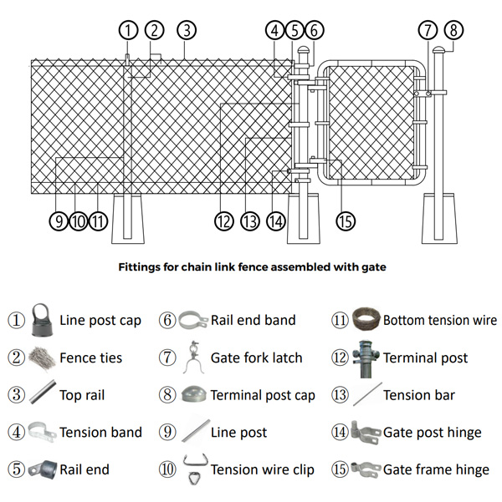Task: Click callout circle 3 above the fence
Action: coord(187,30)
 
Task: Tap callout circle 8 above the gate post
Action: coord(453,30)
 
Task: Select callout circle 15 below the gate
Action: coord(346,221)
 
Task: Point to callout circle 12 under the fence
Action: coord(223,221)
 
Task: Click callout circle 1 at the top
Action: coord(127,30)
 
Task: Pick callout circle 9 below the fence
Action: coord(58,221)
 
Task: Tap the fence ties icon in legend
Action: coord(41,357)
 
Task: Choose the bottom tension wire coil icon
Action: coord(365,319)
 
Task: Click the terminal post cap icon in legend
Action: coord(193,394)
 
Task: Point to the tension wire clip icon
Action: coord(193,469)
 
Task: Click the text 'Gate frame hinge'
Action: coord(436,469)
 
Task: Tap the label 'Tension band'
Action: coord(100,432)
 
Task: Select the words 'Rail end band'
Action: coord(253,320)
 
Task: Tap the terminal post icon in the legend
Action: coord(366,357)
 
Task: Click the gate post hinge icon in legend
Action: coord(366,432)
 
